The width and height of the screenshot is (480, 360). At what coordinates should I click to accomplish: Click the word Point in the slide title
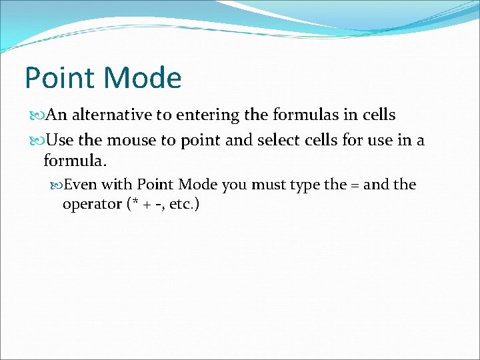point(57,78)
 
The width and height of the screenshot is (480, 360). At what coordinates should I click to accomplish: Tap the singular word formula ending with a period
point(75,161)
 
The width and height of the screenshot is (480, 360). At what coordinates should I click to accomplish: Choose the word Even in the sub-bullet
point(80,185)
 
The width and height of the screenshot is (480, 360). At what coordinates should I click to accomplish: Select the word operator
point(91,204)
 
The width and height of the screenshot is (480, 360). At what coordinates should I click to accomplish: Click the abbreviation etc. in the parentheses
point(181,204)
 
